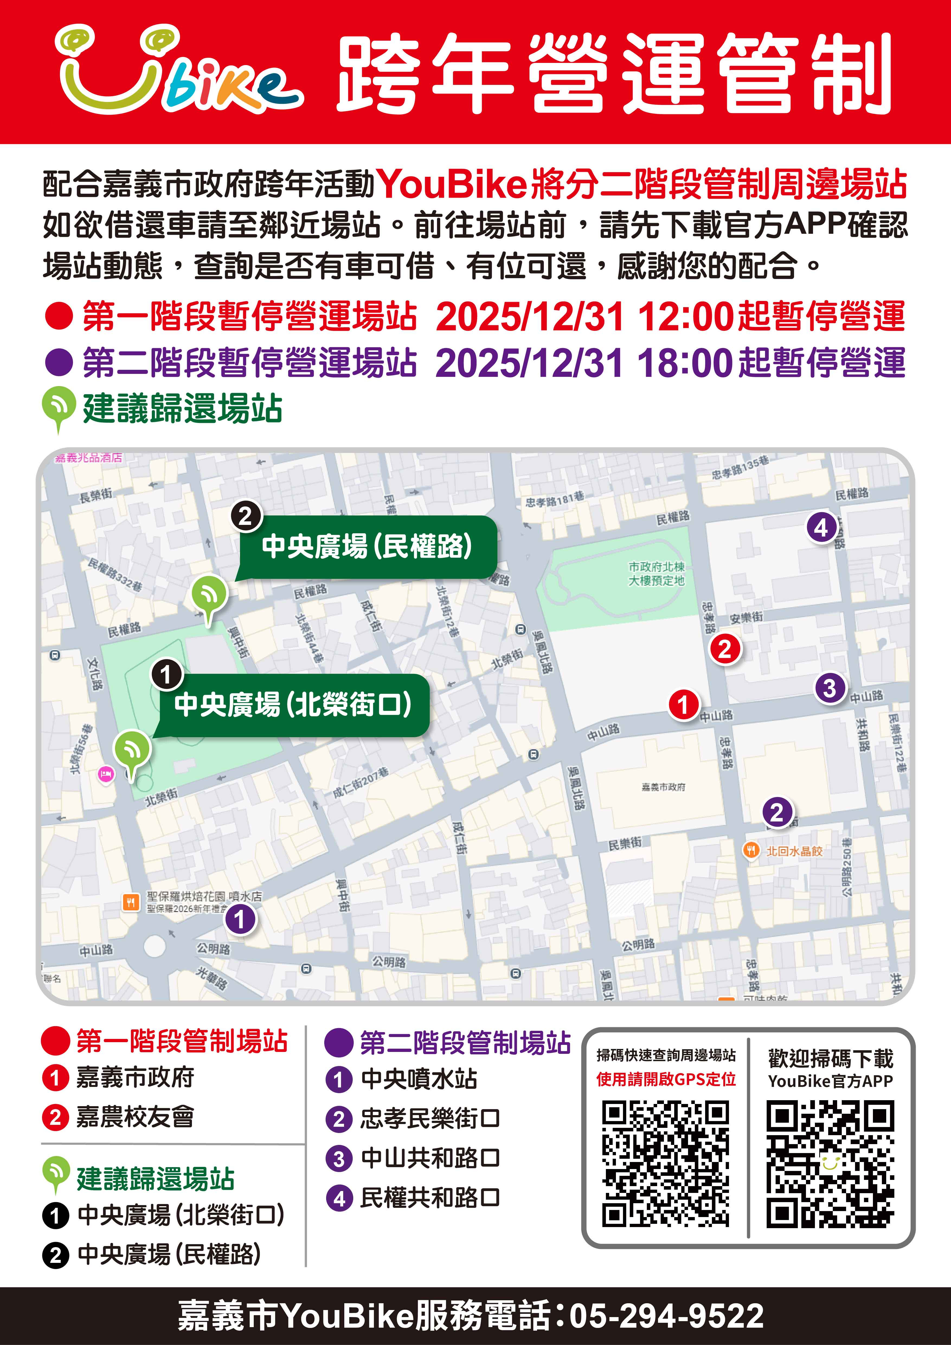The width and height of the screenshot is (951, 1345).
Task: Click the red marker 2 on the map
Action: pyautogui.click(x=725, y=649)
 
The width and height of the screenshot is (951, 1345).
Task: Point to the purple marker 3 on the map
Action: pyautogui.click(x=830, y=688)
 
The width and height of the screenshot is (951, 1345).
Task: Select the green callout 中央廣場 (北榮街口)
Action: pyautogui.click(x=293, y=705)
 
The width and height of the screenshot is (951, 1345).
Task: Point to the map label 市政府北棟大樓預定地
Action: pyautogui.click(x=656, y=573)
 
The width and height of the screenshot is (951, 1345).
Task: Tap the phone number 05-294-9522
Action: pyautogui.click(x=666, y=1315)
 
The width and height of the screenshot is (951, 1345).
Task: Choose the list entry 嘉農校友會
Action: pyautogui.click(x=135, y=1117)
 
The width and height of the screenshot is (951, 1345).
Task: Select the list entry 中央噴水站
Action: pyautogui.click(x=419, y=1079)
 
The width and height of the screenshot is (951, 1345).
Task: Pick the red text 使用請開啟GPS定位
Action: pyautogui.click(x=666, y=1079)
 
